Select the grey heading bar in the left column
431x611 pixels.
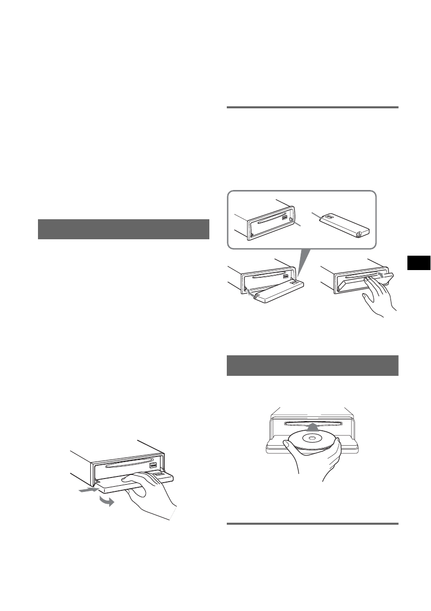124,229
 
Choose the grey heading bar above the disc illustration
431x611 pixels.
312,365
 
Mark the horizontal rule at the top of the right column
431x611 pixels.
312,107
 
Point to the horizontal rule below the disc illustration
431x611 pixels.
312,524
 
